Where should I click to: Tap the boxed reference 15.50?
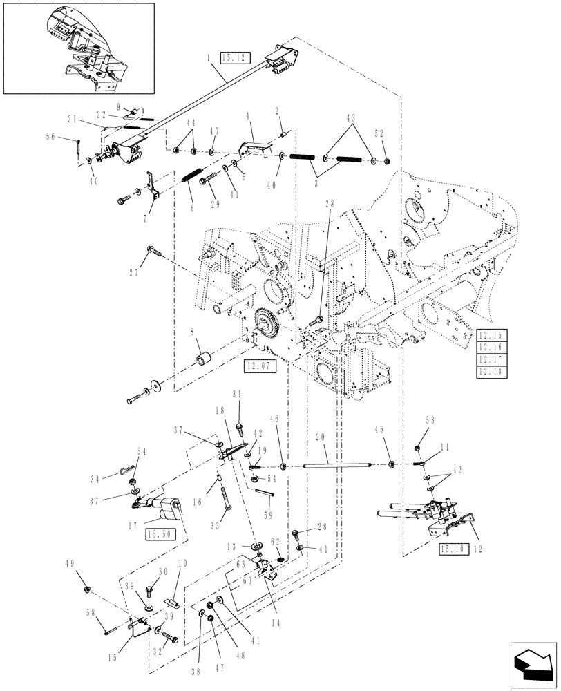click(160, 533)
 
